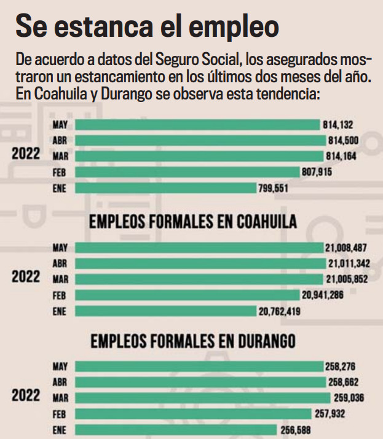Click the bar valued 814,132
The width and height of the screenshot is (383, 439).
[198, 125]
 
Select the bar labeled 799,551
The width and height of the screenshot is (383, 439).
[165, 188]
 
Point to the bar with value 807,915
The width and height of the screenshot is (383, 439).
[187, 172]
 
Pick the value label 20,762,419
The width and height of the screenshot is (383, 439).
[280, 311]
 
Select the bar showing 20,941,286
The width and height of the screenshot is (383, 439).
[188, 295]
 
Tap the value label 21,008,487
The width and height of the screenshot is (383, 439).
[347, 248]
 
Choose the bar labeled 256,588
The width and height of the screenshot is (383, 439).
[176, 429]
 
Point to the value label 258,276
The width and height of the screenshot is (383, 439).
[341, 367]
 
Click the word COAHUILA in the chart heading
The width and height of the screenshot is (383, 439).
[266, 222]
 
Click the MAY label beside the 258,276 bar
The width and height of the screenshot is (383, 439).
[60, 367]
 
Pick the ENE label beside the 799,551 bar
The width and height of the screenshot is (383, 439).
[60, 188]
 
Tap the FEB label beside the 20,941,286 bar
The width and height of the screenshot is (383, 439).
[60, 295]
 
